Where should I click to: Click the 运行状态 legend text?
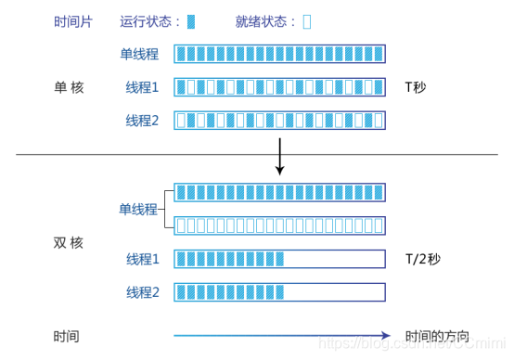point(150,19)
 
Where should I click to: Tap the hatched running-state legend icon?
point(191,19)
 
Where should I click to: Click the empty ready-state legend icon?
point(307,19)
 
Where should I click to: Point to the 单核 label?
point(68,87)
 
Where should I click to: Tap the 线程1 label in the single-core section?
point(142,87)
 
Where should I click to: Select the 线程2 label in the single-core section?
point(142,120)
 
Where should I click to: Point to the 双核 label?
point(68,242)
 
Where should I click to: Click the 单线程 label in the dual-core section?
point(137,209)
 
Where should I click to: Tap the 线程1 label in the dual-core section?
point(142,259)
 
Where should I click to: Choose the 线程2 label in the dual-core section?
point(142,292)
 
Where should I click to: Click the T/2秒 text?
point(428,259)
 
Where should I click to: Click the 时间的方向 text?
point(437,335)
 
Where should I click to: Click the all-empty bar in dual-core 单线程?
point(279,225)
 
